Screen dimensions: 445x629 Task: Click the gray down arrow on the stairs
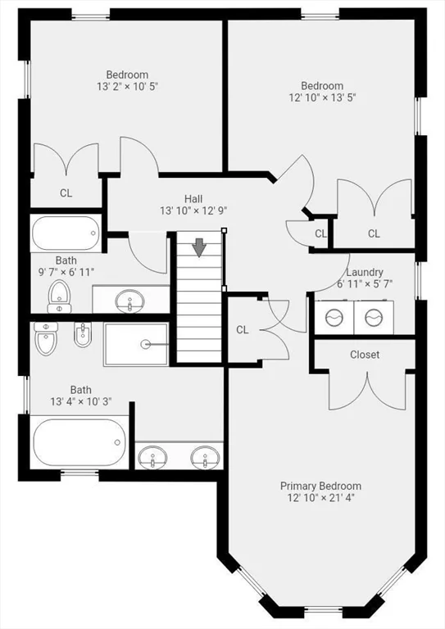(x=199, y=247)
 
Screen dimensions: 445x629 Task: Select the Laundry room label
(x=365, y=273)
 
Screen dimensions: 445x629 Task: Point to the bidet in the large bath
(x=83, y=335)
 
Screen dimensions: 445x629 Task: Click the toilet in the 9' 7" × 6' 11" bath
(x=59, y=296)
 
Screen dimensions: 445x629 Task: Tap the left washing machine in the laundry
(x=334, y=317)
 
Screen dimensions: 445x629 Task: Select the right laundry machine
(x=374, y=317)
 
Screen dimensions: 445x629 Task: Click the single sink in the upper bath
(x=129, y=301)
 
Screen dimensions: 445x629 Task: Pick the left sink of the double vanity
(x=152, y=457)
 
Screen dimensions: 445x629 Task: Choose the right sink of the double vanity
(x=205, y=457)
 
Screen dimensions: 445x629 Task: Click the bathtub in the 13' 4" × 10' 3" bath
(x=79, y=442)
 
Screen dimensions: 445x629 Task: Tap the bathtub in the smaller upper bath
(x=66, y=233)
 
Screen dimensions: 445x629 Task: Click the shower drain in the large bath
(x=145, y=344)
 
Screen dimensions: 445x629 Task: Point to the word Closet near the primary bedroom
(x=365, y=355)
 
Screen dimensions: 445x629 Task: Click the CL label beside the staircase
(x=243, y=330)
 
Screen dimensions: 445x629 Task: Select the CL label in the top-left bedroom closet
(x=66, y=193)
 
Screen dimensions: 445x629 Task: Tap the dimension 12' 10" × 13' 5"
(x=323, y=97)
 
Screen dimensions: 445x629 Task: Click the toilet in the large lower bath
(x=46, y=338)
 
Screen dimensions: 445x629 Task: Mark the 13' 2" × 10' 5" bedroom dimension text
(x=128, y=86)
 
